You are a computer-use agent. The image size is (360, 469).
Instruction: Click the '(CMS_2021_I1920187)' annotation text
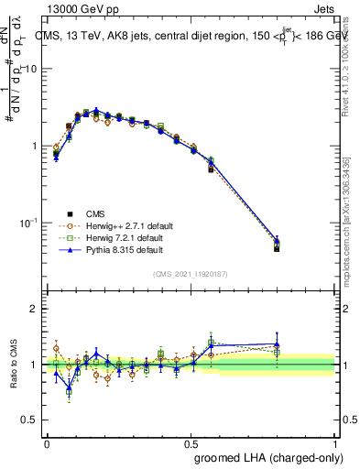pos(191,274)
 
